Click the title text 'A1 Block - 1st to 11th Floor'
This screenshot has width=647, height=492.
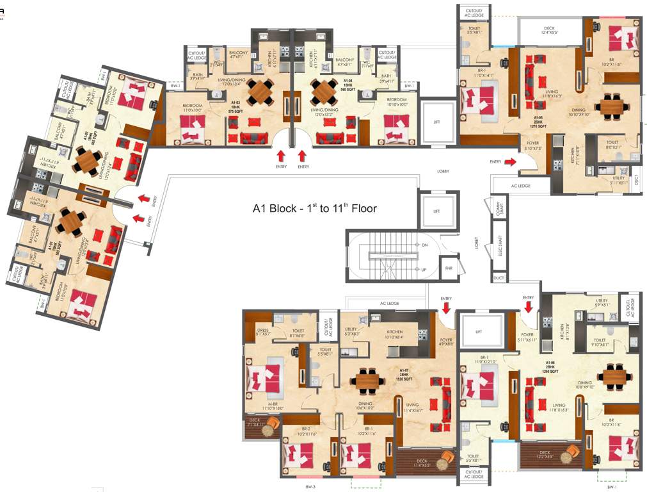pyautogui.click(x=314, y=208)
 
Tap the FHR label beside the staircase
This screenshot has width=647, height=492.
pyautogui.click(x=449, y=268)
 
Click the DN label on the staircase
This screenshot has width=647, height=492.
pyautogui.click(x=424, y=245)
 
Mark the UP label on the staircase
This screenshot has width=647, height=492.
pyautogui.click(x=424, y=269)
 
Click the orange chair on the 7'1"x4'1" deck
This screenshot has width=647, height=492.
pyautogui.click(x=272, y=424)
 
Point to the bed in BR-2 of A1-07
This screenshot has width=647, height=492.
pyautogui.click(x=300, y=455)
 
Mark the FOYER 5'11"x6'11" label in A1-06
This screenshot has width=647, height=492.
pyautogui.click(x=528, y=337)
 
